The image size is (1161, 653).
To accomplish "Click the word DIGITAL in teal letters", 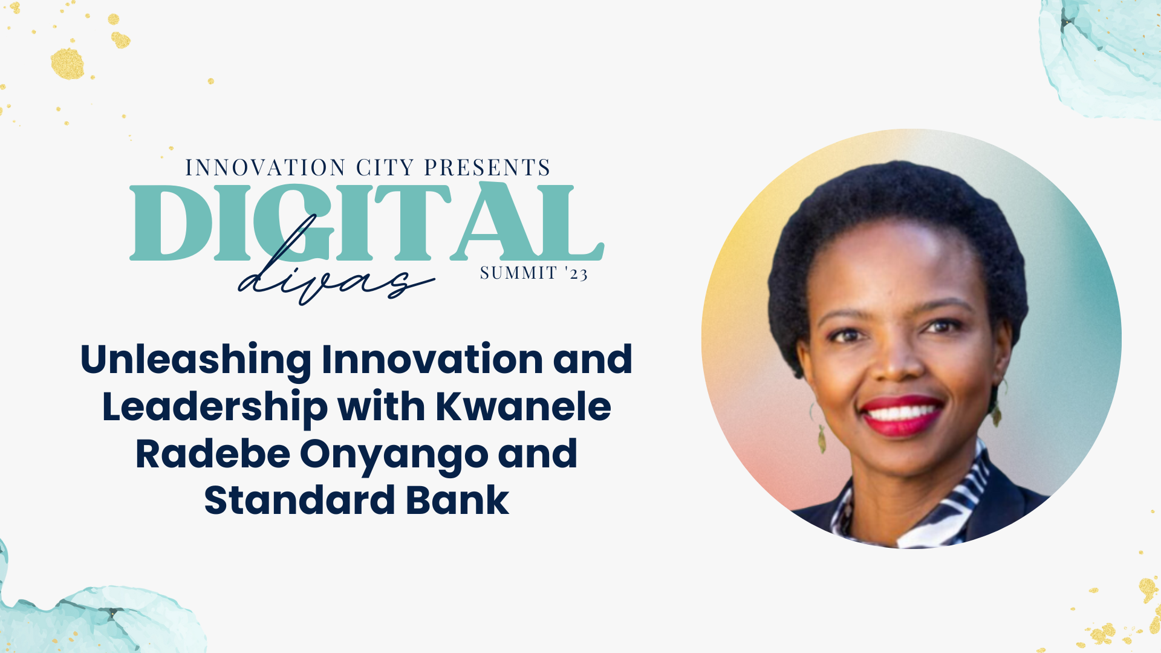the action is coord(366,223).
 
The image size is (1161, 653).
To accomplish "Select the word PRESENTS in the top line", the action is coord(487,167).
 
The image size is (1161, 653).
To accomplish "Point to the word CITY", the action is coord(385,167).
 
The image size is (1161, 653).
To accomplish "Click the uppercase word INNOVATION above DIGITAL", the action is coord(265,167).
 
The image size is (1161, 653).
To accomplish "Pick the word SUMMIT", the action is coord(518,273).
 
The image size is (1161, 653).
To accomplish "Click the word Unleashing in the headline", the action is coord(196,360).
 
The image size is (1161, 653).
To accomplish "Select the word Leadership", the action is coord(215,407).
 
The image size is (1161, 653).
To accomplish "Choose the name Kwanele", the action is coord(524,406).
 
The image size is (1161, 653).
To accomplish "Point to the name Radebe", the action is coord(213,454).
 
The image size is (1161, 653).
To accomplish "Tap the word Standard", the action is coord(300,501).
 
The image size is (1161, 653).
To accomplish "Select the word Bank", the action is coord(458,501).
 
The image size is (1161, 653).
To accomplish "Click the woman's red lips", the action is coord(902,416).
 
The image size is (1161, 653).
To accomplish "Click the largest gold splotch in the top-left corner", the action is coord(67,63).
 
